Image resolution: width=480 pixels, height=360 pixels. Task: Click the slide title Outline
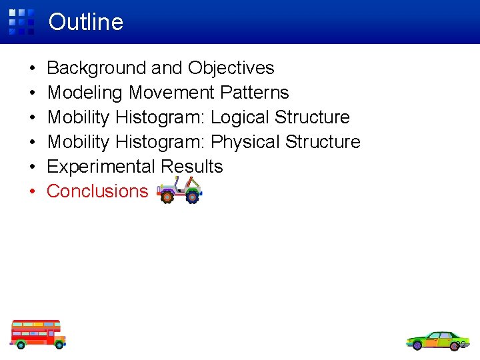click(86, 22)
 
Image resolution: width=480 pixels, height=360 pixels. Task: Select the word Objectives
click(231, 68)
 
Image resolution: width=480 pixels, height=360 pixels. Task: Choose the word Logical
click(240, 117)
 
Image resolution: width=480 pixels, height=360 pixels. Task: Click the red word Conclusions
click(97, 191)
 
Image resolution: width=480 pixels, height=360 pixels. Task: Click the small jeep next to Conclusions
click(179, 191)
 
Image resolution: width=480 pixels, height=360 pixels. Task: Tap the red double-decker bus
click(37, 333)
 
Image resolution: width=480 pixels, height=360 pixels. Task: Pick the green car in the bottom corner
click(436, 341)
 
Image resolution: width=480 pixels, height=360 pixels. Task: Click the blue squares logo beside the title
click(21, 22)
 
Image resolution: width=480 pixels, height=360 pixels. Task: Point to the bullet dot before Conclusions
click(32, 192)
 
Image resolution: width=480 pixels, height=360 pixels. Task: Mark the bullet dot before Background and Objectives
click(32, 69)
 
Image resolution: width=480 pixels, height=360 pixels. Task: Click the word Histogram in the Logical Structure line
click(160, 117)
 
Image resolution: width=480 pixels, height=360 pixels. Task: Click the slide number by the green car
click(461, 345)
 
